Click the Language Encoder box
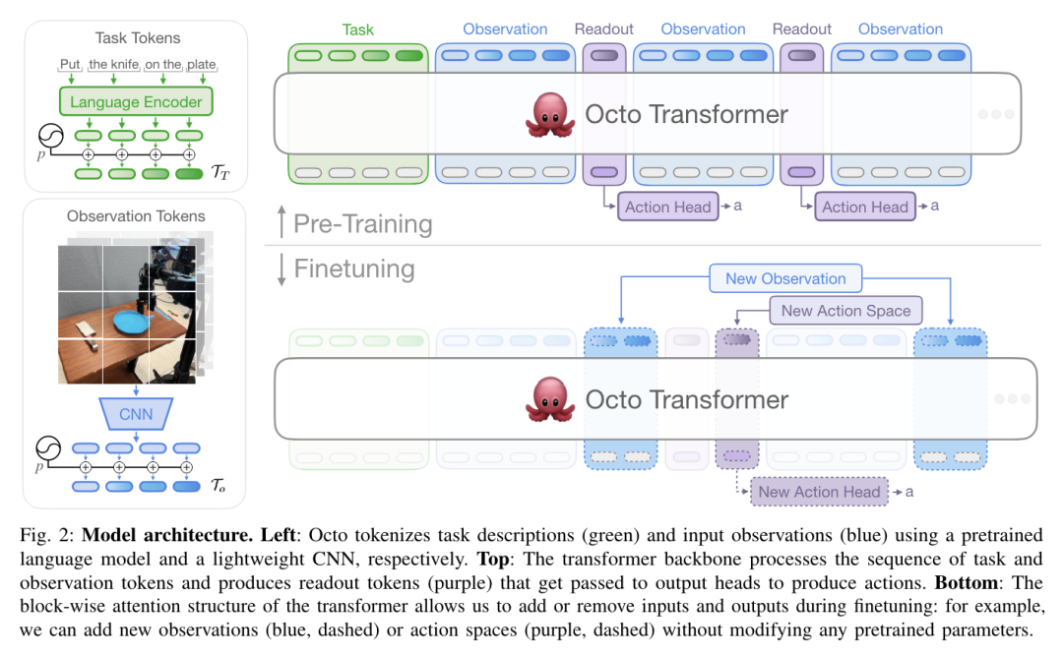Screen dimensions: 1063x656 coord(136,101)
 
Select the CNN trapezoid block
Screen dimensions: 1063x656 coord(136,413)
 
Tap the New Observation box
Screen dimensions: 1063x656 coord(785,278)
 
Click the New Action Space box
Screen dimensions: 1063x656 coord(845,311)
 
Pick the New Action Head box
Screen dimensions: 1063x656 coord(819,492)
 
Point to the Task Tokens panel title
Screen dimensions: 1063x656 coord(138,38)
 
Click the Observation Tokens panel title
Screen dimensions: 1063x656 coord(136,216)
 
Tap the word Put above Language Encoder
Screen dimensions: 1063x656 coord(70,64)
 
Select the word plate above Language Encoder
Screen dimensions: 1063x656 coord(202,64)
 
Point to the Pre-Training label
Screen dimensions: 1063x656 coord(362,223)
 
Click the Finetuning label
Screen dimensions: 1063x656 coord(354,269)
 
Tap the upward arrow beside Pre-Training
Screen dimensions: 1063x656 coord(282,221)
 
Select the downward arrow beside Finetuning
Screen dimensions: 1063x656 coord(281,269)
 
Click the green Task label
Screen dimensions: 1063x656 coord(357,30)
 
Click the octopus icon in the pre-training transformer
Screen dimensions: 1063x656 coord(550,115)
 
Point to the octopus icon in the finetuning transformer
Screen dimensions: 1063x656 coord(550,400)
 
